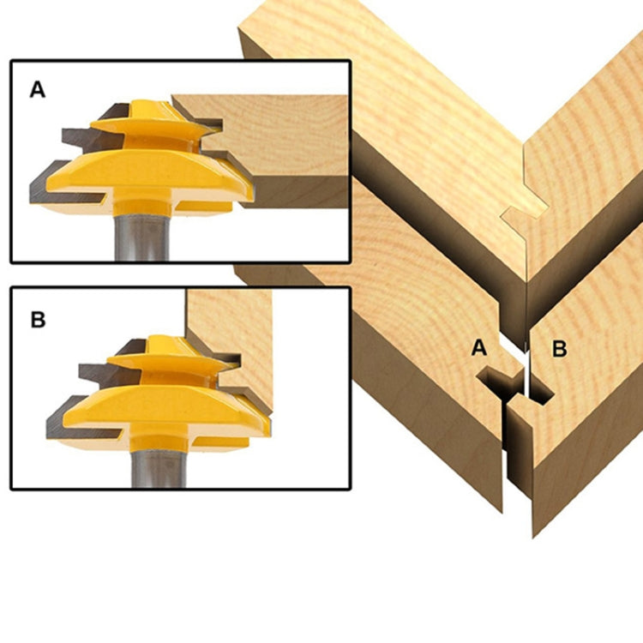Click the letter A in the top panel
(x=38, y=89)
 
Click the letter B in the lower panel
(x=38, y=320)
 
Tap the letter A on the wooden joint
(x=479, y=348)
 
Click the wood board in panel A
(x=283, y=146)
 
